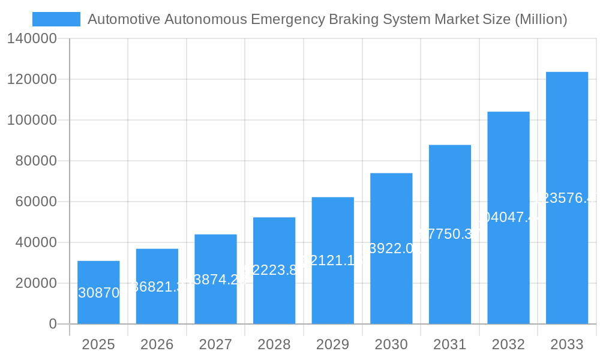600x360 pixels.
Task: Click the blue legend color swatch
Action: pos(56,19)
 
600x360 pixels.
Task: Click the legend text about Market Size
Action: pos(327,19)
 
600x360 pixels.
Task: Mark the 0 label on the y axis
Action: pos(53,324)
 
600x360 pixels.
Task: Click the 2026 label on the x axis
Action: pos(157,344)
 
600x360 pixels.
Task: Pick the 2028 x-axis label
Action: pos(274,344)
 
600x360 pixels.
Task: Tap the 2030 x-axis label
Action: pos(391,344)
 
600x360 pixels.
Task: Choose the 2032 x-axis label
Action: pos(508,344)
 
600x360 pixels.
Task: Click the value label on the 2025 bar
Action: pos(99,293)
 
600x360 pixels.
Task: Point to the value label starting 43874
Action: pos(215,279)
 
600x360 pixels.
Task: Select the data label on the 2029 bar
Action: pos(332,260)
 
